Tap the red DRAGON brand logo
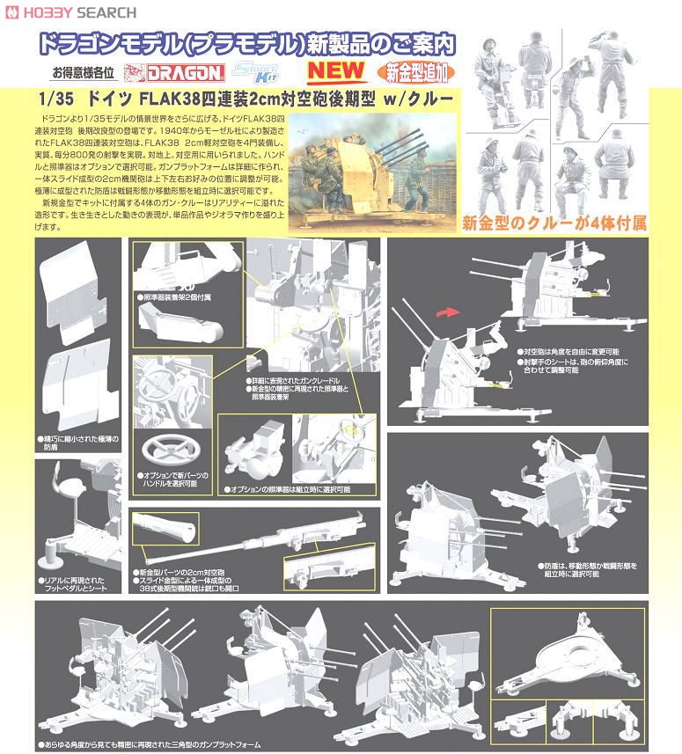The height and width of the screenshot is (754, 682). pyautogui.click(x=189, y=75)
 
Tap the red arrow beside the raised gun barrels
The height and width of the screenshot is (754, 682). pyautogui.click(x=449, y=311)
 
